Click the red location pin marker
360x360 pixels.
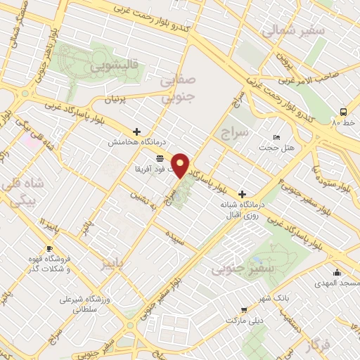[x=181, y=165]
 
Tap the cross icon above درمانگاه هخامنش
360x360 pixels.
[x=136, y=131]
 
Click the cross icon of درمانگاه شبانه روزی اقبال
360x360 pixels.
[x=243, y=194]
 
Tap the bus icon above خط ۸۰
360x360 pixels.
[x=343, y=112]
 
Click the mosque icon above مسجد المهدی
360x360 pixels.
[x=337, y=272]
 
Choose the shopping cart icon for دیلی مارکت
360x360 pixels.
[x=243, y=309]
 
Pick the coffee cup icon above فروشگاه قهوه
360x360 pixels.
[x=49, y=248]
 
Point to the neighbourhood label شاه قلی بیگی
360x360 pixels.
[x=24, y=191]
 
